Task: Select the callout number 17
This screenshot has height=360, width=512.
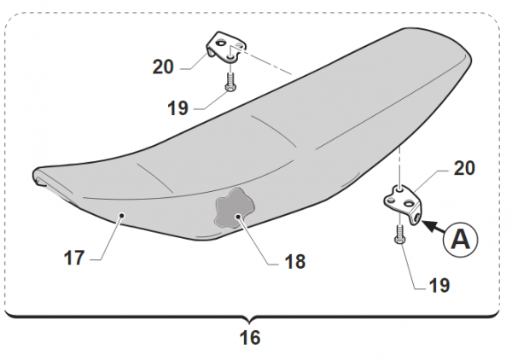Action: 74,257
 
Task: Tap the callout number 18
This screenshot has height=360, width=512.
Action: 295,262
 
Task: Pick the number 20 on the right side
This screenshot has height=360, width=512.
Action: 464,169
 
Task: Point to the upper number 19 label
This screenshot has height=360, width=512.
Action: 177,108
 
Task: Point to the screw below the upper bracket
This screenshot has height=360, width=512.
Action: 230,83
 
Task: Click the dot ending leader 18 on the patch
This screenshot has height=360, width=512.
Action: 240,218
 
